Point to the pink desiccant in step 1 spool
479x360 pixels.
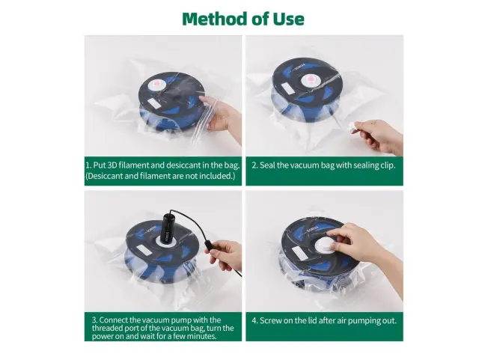pos(156,84)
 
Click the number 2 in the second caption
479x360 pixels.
pos(254,165)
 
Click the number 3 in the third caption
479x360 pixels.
pos(95,320)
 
